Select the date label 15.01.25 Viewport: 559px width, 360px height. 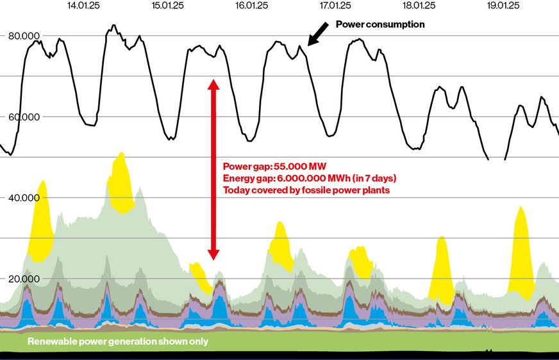168,6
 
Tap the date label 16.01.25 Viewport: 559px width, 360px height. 252,6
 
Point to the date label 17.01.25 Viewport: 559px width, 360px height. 335,6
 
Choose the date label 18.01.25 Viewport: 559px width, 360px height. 419,6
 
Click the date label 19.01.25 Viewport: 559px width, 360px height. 503,6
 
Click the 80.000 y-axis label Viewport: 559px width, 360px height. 23,36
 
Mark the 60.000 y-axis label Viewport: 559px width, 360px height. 23,117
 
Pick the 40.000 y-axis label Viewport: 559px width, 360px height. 23,198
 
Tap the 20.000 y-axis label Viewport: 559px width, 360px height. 23,279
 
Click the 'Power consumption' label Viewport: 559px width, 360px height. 380,24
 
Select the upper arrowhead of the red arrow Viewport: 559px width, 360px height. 214,84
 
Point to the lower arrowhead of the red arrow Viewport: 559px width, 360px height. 214,253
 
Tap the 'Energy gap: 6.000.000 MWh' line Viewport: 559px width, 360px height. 310,177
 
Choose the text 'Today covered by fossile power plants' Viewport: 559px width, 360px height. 306,190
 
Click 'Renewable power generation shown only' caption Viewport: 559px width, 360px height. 118,341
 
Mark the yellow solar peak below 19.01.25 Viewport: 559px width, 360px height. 521,256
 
